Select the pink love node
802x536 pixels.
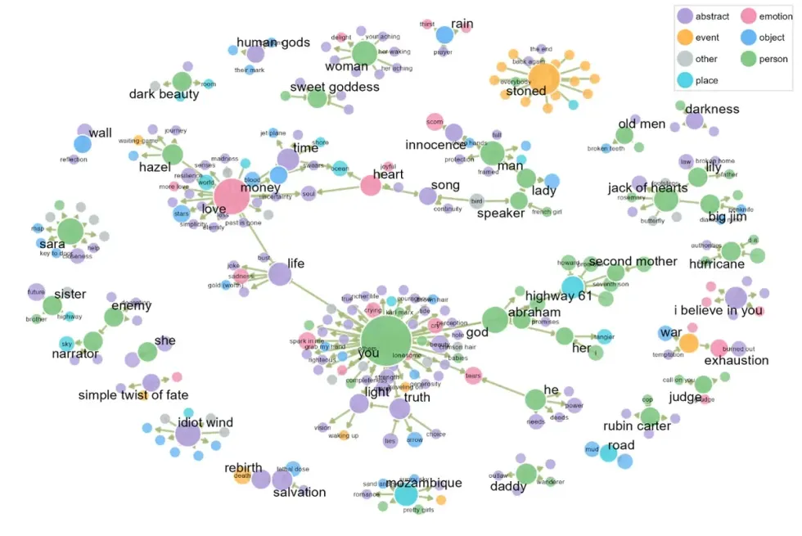[232, 197]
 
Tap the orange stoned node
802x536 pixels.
[543, 80]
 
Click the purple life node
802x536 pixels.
[279, 273]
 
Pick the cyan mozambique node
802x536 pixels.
[406, 493]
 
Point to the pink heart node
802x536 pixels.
[371, 185]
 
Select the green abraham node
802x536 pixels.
[494, 320]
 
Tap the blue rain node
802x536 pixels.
[444, 35]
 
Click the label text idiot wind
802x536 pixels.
[205, 423]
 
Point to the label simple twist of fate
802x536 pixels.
[133, 396]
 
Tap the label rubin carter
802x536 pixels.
[637, 426]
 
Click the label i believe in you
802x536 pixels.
[719, 310]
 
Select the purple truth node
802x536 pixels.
[399, 408]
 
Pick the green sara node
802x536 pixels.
[70, 231]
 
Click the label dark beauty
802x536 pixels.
[164, 94]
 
